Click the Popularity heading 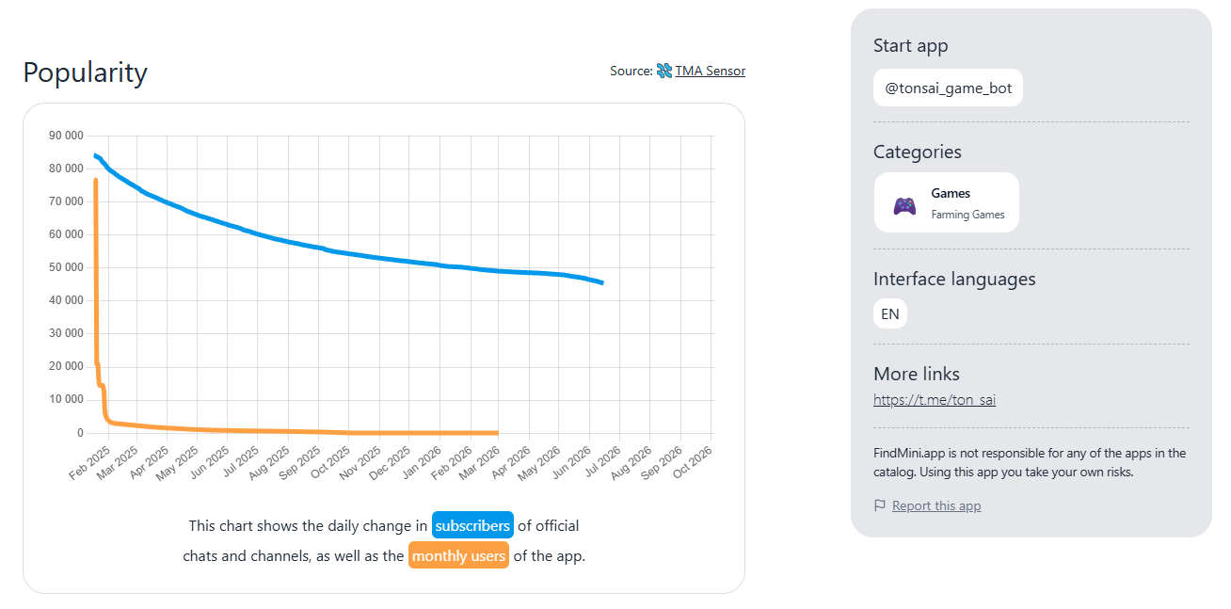pyautogui.click(x=86, y=72)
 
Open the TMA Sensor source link pyautogui.click(x=710, y=71)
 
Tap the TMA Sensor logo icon pyautogui.click(x=664, y=71)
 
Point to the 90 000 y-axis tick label pyautogui.click(x=66, y=136)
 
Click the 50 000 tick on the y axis pyautogui.click(x=66, y=267)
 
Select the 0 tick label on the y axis pyautogui.click(x=80, y=433)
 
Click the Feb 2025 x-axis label pyautogui.click(x=90, y=463)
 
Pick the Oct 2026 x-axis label pyautogui.click(x=693, y=463)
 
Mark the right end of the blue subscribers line pyautogui.click(x=603, y=283)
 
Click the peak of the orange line pyautogui.click(x=96, y=179)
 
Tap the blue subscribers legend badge pyautogui.click(x=472, y=525)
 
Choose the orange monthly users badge pyautogui.click(x=458, y=555)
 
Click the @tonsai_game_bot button pyautogui.click(x=948, y=88)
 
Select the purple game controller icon pyautogui.click(x=904, y=205)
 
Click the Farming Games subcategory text pyautogui.click(x=967, y=215)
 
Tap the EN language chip pyautogui.click(x=889, y=313)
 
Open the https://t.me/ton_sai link pyautogui.click(x=935, y=400)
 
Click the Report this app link pyautogui.click(x=936, y=505)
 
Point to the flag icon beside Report pyautogui.click(x=880, y=505)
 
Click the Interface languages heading pyautogui.click(x=954, y=280)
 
